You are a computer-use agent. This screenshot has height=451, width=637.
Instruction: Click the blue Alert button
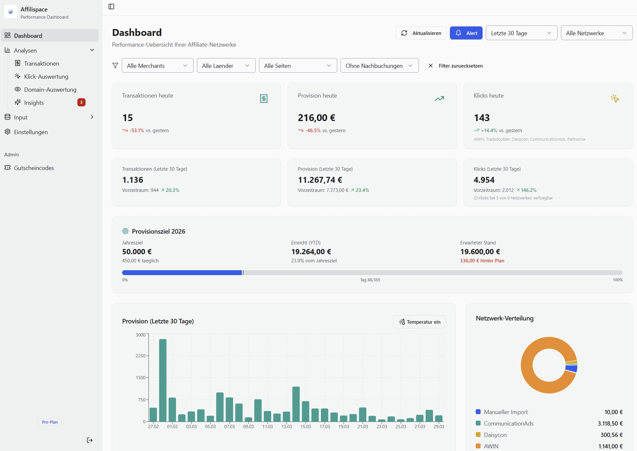[x=466, y=33]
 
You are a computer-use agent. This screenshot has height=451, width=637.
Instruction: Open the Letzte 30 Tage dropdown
[x=521, y=33]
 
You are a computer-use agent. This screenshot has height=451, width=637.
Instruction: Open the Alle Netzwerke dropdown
[x=596, y=33]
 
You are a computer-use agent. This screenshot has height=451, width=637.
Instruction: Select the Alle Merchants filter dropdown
[x=157, y=66]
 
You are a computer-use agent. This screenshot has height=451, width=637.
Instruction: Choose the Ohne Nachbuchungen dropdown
[x=379, y=66]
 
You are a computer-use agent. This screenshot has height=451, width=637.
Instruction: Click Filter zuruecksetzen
[x=456, y=66]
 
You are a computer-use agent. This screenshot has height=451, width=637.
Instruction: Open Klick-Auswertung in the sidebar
[x=46, y=76]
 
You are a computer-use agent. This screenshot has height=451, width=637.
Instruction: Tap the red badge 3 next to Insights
[x=81, y=102]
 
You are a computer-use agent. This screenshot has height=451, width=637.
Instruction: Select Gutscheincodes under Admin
[x=34, y=168]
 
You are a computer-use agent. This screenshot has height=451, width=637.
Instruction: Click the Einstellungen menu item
[x=31, y=132]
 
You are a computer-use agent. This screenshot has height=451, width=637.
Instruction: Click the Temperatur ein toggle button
[x=419, y=322]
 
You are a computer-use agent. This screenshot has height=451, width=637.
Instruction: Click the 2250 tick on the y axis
[x=141, y=356]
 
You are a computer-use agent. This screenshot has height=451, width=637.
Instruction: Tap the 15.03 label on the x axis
[x=306, y=427]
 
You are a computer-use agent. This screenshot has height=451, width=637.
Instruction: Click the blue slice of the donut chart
[x=572, y=369]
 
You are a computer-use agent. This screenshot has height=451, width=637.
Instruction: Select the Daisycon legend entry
[x=495, y=435]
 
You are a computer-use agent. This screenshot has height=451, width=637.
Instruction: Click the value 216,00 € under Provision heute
[x=316, y=118]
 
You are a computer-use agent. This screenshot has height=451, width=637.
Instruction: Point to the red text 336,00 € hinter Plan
[x=482, y=260]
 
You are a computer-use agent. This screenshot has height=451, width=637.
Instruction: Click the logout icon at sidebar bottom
[x=90, y=440]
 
